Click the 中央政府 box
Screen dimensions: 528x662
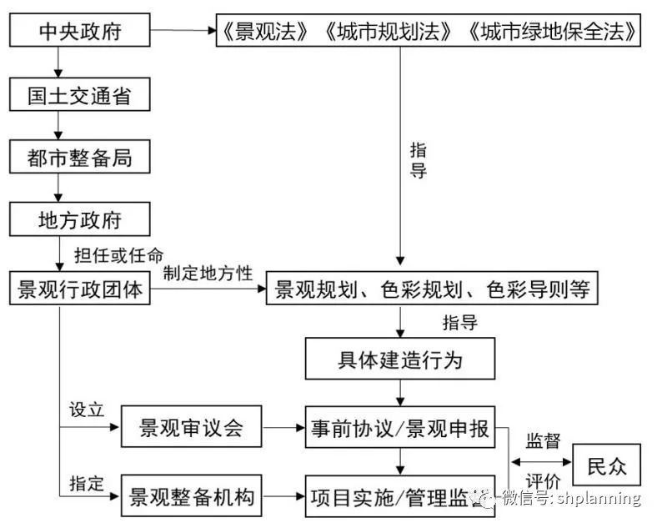click(x=80, y=32)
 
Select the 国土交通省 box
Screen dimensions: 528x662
click(x=80, y=95)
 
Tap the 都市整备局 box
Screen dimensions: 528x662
click(x=80, y=157)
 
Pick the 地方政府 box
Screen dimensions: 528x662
click(x=80, y=219)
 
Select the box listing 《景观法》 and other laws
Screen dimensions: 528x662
click(x=431, y=32)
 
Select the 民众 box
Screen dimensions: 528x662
click(x=606, y=465)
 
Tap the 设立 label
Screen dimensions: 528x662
click(x=86, y=410)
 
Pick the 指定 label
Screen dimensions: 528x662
click(x=86, y=482)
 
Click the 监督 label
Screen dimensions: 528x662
click(x=543, y=440)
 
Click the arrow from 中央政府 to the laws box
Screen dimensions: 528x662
click(x=183, y=32)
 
